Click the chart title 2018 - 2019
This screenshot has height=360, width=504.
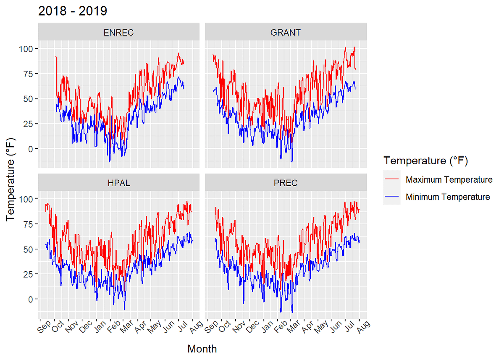pos(72,11)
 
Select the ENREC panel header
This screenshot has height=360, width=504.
pos(118,32)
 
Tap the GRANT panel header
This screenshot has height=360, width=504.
pos(286,32)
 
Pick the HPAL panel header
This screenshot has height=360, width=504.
pos(118,183)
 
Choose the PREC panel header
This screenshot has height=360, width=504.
pos(286,183)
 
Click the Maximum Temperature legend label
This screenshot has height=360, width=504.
pos(449,180)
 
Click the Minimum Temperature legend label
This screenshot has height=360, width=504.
pos(448,197)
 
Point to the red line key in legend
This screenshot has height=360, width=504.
pos(392,180)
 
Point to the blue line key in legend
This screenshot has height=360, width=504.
pos(392,197)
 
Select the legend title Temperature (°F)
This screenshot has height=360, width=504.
pos(425,160)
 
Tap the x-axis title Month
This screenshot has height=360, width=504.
pos(202,349)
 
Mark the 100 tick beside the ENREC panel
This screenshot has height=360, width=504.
pos(26,49)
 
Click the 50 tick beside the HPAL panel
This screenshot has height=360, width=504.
pos(28,249)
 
